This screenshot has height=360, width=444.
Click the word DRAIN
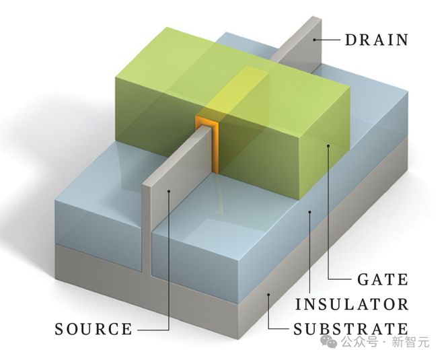(x=377, y=40)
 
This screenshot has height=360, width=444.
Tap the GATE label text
(x=383, y=279)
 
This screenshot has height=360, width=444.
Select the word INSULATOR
(x=352, y=304)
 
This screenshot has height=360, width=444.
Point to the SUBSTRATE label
(x=351, y=329)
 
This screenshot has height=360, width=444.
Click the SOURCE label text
(x=94, y=329)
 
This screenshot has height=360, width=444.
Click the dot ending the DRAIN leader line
(x=314, y=40)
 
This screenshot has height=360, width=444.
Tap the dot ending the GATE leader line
(x=328, y=146)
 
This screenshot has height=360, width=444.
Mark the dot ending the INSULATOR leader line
(x=309, y=211)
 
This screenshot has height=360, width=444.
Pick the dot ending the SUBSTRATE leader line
(x=268, y=295)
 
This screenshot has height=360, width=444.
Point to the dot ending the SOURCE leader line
(x=169, y=192)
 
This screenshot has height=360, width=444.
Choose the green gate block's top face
(x=232, y=68)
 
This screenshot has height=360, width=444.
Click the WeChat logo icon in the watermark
(x=329, y=342)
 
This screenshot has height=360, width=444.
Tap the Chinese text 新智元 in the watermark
(x=410, y=342)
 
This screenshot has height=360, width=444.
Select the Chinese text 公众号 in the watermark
(x=359, y=342)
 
